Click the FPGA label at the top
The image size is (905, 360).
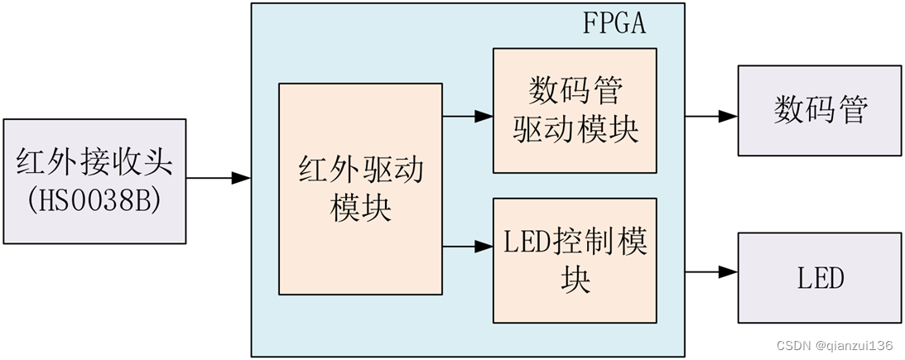[x=614, y=22]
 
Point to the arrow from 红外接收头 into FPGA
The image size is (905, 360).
[x=219, y=178]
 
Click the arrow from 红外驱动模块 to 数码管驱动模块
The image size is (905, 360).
[x=469, y=117]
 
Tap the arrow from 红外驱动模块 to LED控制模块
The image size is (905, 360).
[x=469, y=246]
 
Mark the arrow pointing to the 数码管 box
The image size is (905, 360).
[x=711, y=117]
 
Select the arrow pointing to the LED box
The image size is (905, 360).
[x=711, y=271]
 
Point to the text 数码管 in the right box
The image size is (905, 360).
[x=820, y=110]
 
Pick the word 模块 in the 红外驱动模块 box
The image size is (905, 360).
[x=360, y=208]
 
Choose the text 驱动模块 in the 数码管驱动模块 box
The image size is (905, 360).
[x=575, y=131]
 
